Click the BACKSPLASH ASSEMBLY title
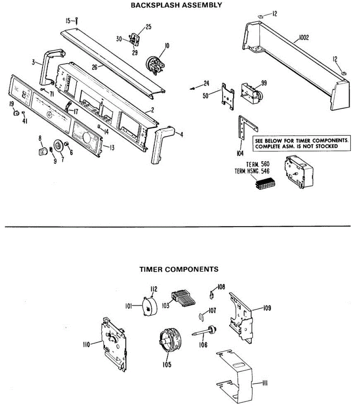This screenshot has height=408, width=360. tap(176, 5)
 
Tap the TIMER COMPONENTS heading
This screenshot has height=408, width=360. tap(179, 269)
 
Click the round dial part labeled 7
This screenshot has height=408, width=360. tap(58, 147)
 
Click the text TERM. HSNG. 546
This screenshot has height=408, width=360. tap(252, 171)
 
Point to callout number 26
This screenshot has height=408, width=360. tap(95, 67)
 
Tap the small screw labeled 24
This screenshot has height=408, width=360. tap(193, 88)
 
